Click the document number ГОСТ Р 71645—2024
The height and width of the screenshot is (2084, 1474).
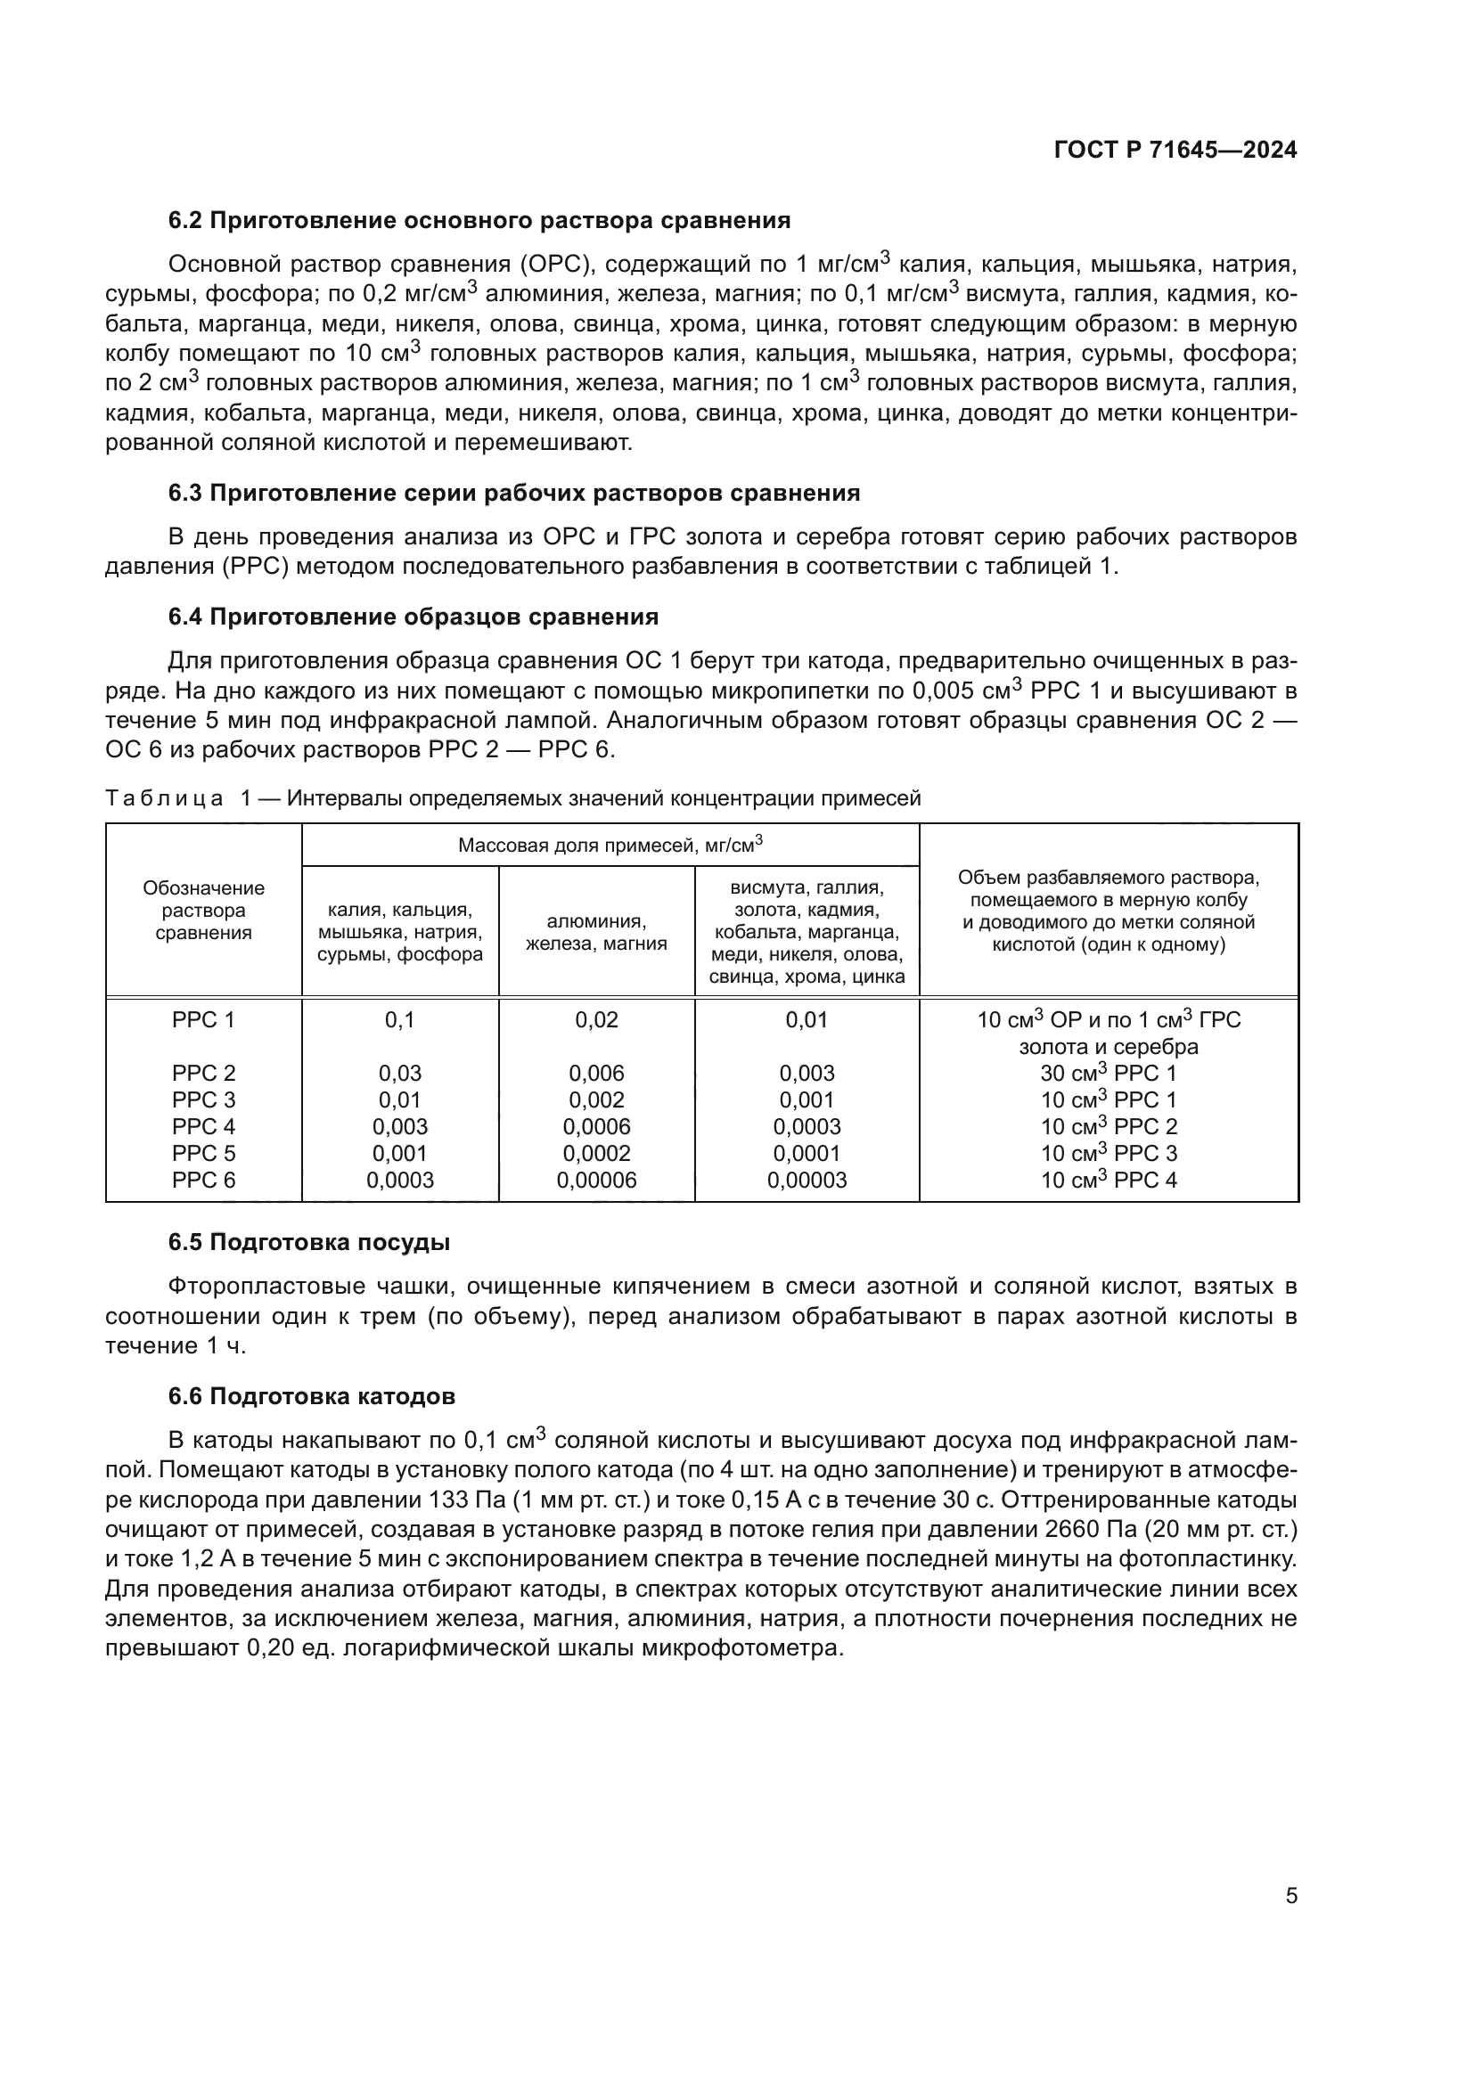point(1175,151)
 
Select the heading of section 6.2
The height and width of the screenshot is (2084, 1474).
point(479,221)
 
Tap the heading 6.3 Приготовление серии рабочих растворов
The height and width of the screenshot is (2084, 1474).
point(513,493)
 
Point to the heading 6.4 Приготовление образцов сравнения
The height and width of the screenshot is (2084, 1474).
point(413,617)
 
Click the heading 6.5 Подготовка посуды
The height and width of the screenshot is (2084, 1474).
point(308,1243)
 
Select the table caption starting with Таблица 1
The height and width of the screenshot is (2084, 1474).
point(512,797)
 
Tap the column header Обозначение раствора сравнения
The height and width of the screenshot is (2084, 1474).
point(203,911)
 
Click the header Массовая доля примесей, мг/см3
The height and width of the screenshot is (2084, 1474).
point(610,845)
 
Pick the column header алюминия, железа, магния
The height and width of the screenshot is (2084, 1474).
point(596,932)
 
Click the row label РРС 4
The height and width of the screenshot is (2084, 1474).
point(203,1126)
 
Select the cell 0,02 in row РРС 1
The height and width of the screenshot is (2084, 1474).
point(596,1019)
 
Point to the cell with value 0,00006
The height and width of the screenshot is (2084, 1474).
point(596,1180)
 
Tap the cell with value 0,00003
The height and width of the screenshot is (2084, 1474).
point(806,1180)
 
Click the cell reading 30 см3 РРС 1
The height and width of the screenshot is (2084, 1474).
point(1109,1073)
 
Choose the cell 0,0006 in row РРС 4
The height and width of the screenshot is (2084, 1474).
point(596,1126)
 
